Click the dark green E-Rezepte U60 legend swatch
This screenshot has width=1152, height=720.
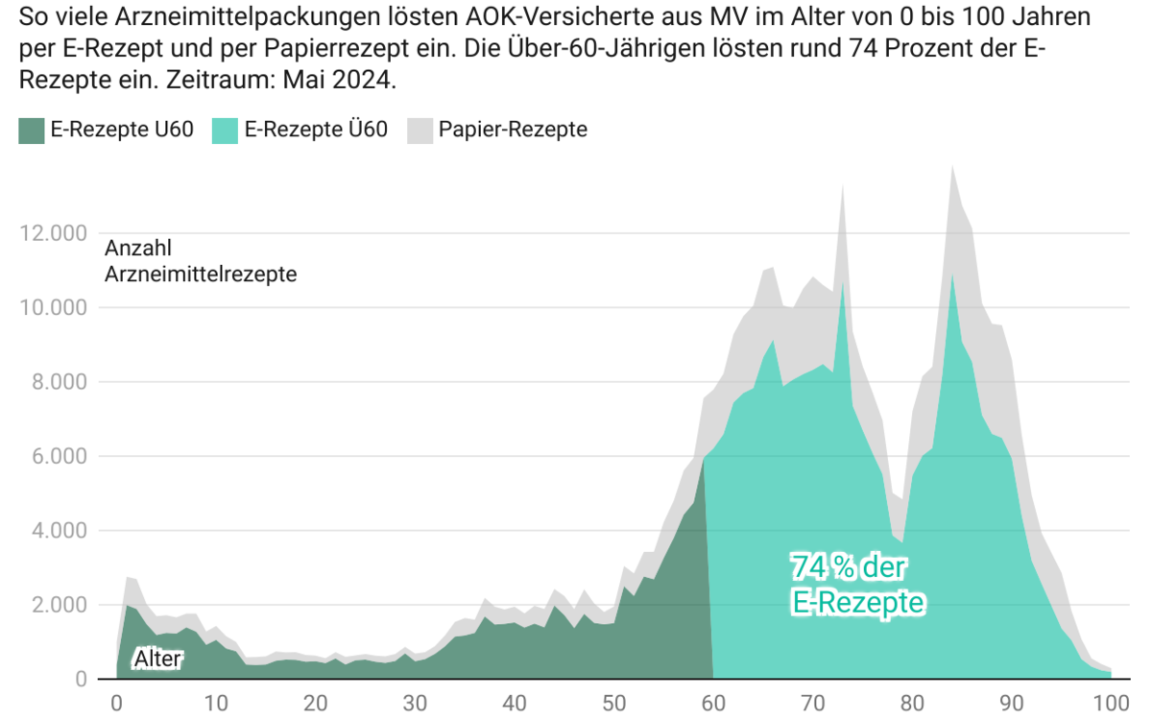click(x=32, y=131)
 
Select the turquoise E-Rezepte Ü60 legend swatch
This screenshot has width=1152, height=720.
click(x=227, y=131)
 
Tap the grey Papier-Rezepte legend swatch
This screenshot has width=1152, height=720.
click(x=419, y=131)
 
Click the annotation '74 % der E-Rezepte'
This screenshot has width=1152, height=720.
click(x=857, y=584)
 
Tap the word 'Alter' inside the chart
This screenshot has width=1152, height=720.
click(x=157, y=659)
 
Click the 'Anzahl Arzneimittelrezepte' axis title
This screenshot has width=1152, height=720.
click(x=200, y=261)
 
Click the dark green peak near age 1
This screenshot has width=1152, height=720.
click(x=127, y=606)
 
